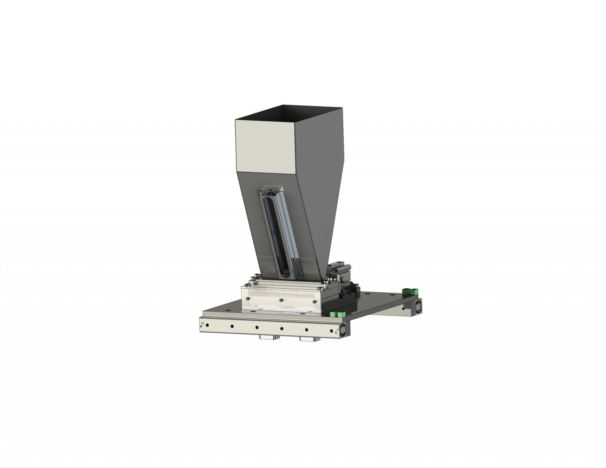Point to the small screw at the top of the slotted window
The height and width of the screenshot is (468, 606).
(x=270, y=192)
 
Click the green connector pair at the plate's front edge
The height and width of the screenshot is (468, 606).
(x=337, y=314)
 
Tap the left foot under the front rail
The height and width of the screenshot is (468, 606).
(x=268, y=338)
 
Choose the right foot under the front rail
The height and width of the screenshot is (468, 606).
(x=308, y=339)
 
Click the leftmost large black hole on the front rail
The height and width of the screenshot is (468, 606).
(x=232, y=326)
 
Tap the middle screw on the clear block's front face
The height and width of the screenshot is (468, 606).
(x=280, y=301)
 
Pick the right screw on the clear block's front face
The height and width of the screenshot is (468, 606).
(x=314, y=302)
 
